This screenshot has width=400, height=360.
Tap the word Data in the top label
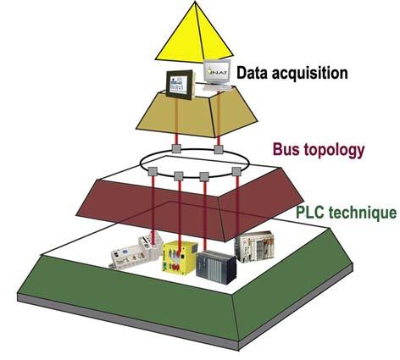pyautogui.click(x=252, y=73)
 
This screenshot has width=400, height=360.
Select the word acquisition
pyautogui.click(x=309, y=74)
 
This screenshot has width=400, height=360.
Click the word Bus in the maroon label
pyautogui.click(x=286, y=149)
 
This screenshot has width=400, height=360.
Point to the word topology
pyautogui.click(x=334, y=151)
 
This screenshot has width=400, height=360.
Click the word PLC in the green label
pyautogui.click(x=310, y=213)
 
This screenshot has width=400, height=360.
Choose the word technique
pyautogui.click(x=363, y=213)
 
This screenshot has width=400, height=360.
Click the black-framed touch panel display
pyautogui.click(x=181, y=85)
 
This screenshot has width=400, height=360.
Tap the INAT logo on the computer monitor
pyautogui.click(x=217, y=71)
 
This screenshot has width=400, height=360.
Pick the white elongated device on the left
pyautogui.click(x=136, y=252)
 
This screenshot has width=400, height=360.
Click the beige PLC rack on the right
pyautogui.click(x=254, y=246)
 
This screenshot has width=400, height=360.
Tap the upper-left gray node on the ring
pyautogui.click(x=176, y=148)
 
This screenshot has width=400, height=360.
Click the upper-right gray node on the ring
pyautogui.click(x=219, y=149)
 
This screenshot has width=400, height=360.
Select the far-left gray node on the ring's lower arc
pyautogui.click(x=153, y=171)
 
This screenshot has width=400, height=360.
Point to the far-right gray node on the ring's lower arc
pyautogui.click(x=236, y=171)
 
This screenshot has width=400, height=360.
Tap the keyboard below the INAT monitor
pyautogui.click(x=218, y=88)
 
